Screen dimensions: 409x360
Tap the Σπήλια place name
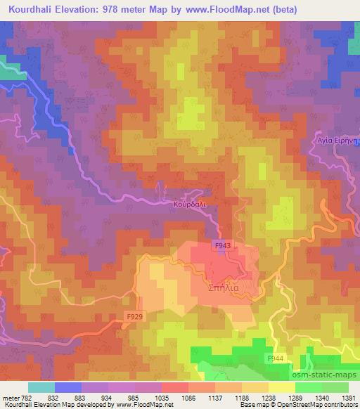pyautogui.click(x=224, y=288)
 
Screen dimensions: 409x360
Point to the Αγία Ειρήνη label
pyautogui.click(x=336, y=141)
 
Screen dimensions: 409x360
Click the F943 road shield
pyautogui.click(x=222, y=245)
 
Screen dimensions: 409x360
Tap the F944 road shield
pyautogui.click(x=276, y=358)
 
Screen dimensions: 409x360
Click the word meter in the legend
pyautogui.click(x=9, y=397)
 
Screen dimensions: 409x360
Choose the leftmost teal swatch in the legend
pyautogui.click(x=41, y=387)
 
